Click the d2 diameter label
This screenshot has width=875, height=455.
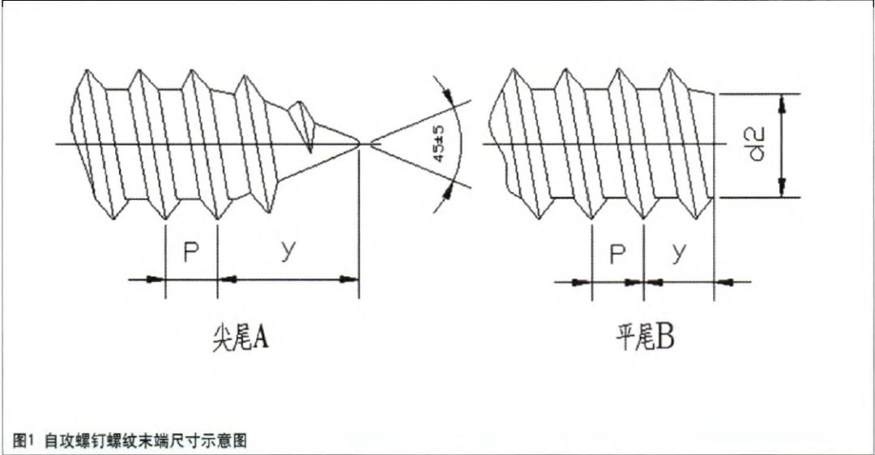758,144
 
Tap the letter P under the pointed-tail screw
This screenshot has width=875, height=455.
190,253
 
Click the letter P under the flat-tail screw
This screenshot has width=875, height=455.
617,254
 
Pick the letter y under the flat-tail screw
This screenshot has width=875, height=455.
679,253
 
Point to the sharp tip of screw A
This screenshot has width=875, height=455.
358,145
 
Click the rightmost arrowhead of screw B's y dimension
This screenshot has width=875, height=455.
727,283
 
